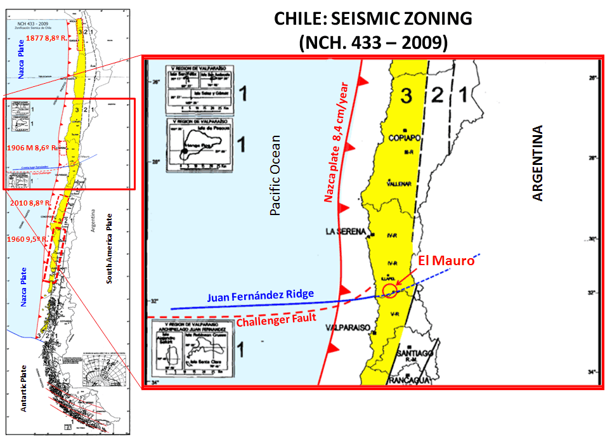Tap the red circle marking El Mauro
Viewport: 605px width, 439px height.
(390, 291)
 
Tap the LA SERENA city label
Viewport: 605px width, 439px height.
(347, 232)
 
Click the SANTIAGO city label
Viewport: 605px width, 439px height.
(414, 353)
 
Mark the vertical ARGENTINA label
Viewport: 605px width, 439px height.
(538, 164)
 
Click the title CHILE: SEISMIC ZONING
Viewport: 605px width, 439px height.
(373, 18)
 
